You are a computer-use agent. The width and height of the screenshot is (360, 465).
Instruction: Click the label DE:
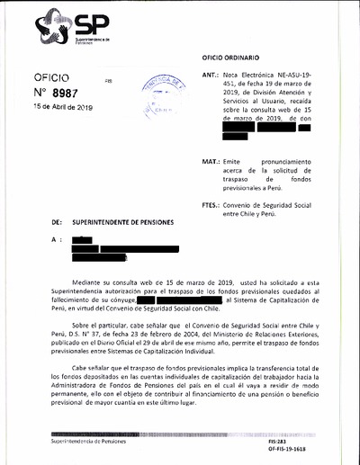[57, 221]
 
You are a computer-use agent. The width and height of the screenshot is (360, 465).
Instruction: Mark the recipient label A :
[57, 240]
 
